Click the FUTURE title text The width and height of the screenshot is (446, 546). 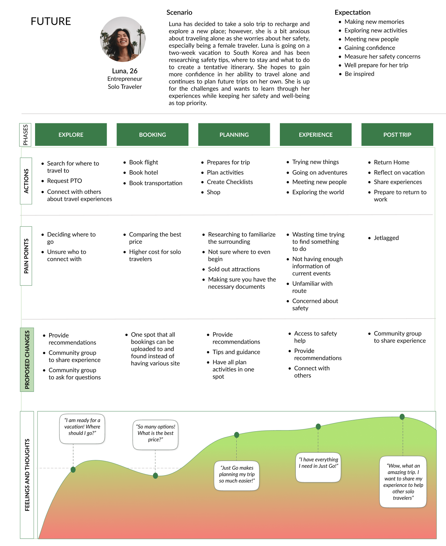tap(51, 22)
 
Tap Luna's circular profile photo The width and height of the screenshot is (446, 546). tap(123, 39)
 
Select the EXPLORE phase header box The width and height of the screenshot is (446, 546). tap(71, 135)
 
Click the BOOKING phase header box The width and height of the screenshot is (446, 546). tap(152, 135)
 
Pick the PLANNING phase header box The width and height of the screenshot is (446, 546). tap(234, 135)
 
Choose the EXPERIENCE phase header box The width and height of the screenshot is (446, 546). tap(316, 135)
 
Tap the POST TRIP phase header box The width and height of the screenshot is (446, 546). tap(397, 135)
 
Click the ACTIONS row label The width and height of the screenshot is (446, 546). tap(26, 181)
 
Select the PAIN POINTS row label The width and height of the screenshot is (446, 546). tap(26, 256)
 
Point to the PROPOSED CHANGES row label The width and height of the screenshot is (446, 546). tap(27, 360)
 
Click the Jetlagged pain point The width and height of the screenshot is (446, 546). tap(386, 238)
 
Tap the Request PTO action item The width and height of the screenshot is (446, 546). tap(64, 181)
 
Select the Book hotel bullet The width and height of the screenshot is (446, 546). tap(143, 173)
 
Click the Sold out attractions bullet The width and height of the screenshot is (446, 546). tap(234, 269)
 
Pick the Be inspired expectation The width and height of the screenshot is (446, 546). tap(359, 74)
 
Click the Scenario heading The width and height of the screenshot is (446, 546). tap(179, 12)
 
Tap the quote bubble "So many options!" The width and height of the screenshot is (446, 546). tap(156, 433)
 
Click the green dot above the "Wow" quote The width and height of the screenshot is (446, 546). tap(402, 417)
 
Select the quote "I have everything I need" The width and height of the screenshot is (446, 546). tap(318, 463)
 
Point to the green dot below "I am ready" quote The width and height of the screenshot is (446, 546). tap(73, 470)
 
